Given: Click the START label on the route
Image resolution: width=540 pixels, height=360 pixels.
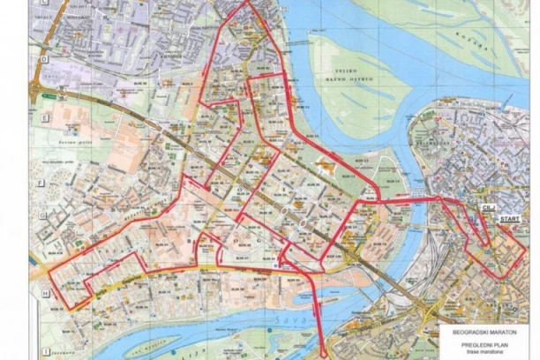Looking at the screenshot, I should pos(510,217).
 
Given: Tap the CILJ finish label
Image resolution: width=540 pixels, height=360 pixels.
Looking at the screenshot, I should pos(487,206).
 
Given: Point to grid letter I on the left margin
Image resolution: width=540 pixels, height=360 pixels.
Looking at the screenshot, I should pos(41,351).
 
